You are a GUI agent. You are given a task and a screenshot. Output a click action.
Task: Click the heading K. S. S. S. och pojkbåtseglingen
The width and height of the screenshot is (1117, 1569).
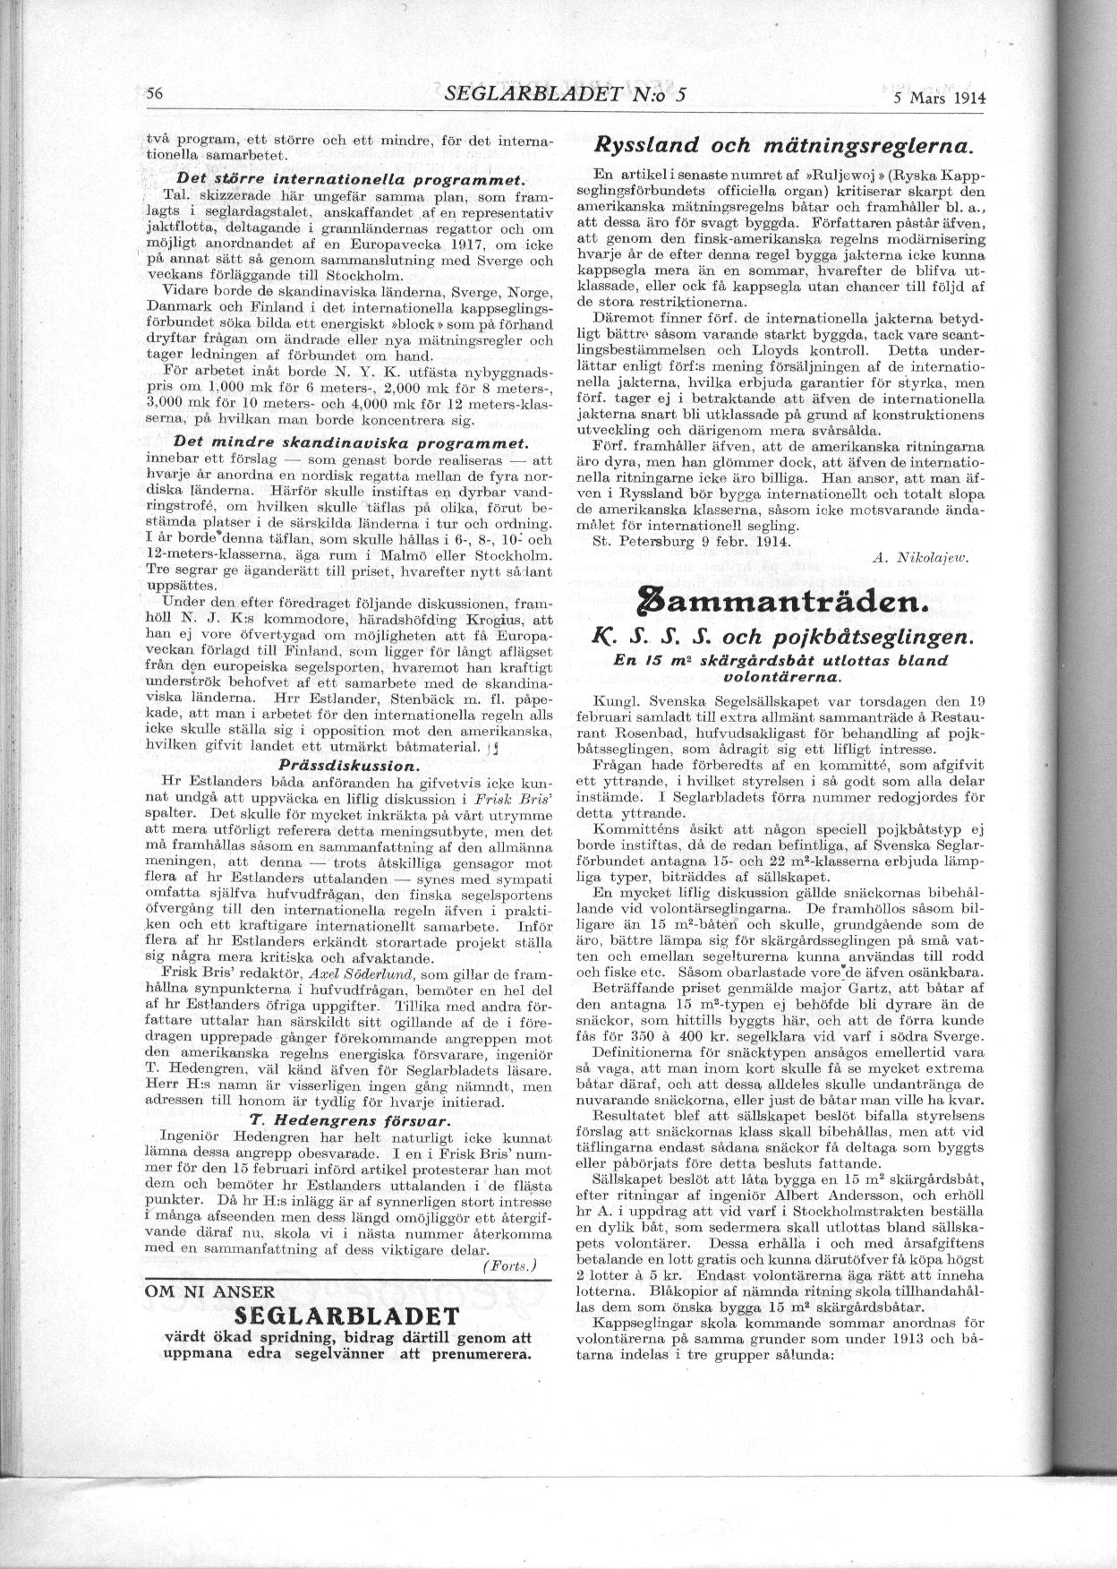[775, 638]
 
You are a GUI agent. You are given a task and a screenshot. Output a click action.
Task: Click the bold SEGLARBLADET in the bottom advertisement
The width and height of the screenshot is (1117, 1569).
[346, 1316]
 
